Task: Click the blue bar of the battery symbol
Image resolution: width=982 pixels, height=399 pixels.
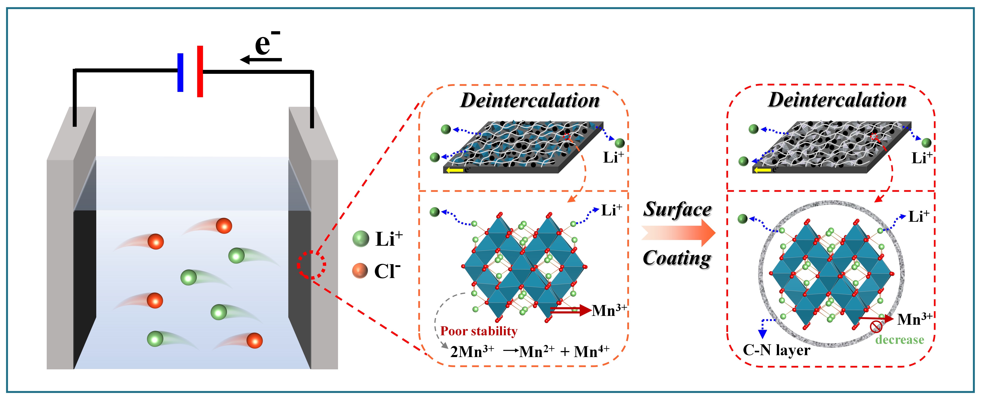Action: (180, 72)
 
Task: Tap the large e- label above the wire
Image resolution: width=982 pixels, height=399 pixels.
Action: (267, 43)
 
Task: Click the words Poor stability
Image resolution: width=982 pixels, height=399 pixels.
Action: (479, 331)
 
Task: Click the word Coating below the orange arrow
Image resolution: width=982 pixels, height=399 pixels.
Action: (677, 258)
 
